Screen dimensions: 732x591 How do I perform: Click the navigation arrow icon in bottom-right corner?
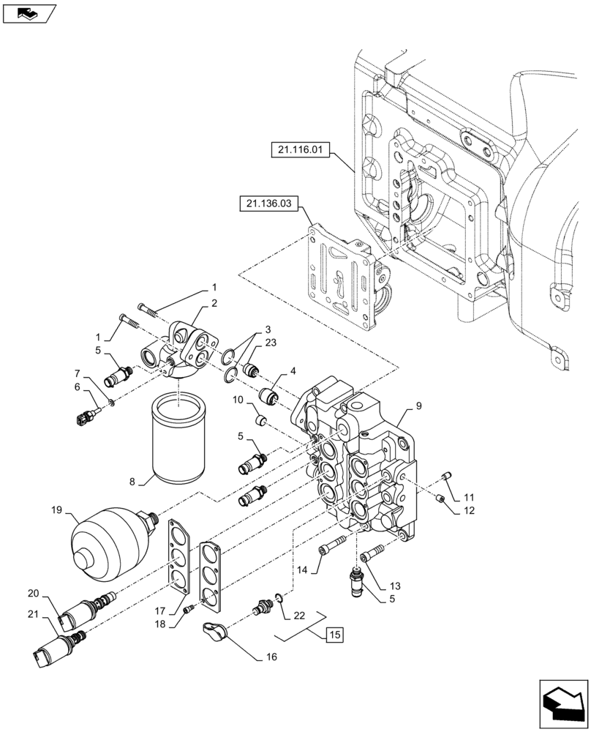(563, 704)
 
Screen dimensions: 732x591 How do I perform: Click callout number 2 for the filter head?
(214, 302)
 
